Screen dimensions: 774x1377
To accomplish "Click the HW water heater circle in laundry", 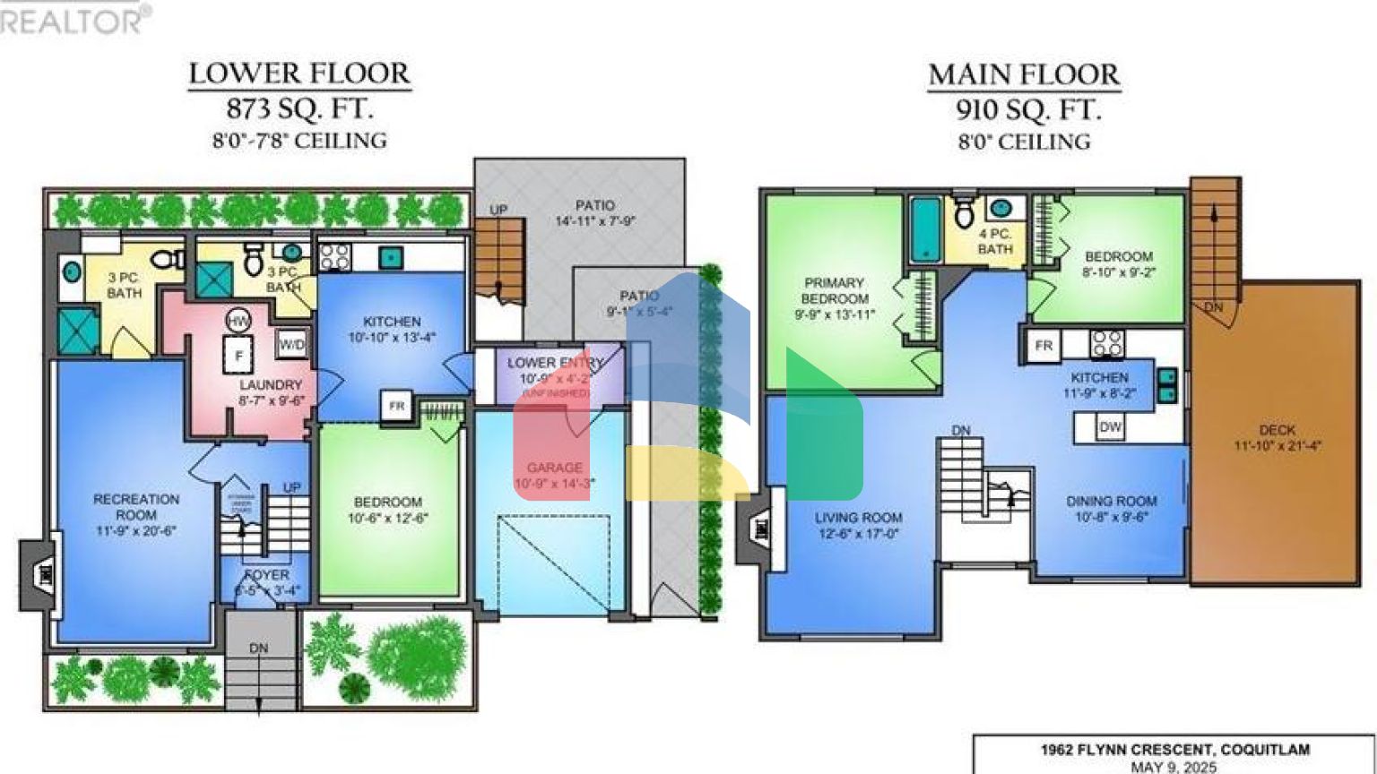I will coord(238,321).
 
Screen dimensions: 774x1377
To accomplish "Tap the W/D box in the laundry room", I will coord(292,344).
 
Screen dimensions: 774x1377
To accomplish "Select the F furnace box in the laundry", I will coord(238,356).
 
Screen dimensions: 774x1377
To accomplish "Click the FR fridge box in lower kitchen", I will coord(395,406).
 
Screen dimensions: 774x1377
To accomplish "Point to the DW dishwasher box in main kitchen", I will coord(1111,427).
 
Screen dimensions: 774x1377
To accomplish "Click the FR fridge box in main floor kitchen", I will coord(1044,346).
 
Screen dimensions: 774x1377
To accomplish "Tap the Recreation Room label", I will coord(136,507).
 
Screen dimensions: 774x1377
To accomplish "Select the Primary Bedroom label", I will coord(835,290).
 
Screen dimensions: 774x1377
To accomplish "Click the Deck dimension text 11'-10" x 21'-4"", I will coord(1277,446).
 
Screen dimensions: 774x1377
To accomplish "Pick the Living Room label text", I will coord(858,518).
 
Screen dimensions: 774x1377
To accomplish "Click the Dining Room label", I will coord(1111,502).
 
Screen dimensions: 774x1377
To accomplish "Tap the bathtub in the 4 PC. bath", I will coord(925,228).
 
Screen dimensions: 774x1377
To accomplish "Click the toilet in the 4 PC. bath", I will coord(965,213).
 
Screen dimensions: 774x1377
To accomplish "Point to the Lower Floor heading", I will coord(299,73).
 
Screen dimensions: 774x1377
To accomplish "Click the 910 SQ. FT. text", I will coord(1026,110).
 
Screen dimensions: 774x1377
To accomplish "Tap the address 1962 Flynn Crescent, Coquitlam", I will coord(1174,750).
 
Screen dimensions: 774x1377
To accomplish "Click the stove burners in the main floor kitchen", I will coord(1107,344).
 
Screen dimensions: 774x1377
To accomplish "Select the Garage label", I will coord(554,468).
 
